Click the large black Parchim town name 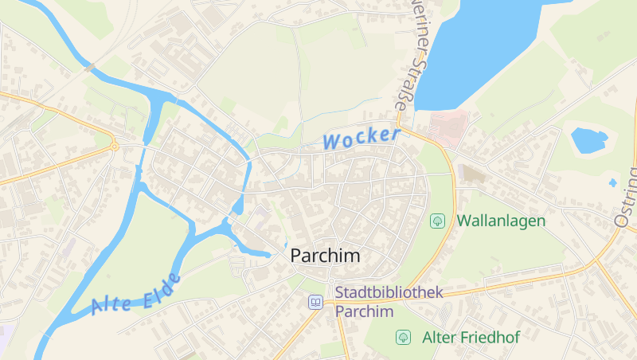(x=325, y=256)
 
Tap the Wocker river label (x=361, y=138)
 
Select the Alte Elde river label (x=136, y=293)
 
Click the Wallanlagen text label (x=501, y=221)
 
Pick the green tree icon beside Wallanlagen (x=436, y=221)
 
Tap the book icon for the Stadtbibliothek (x=315, y=302)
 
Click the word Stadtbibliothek (x=389, y=293)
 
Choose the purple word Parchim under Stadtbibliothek (x=365, y=311)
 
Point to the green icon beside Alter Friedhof (x=403, y=337)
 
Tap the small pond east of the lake (x=589, y=140)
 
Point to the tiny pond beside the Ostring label (x=612, y=182)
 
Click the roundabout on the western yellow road (x=115, y=146)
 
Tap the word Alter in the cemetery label (x=440, y=337)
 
